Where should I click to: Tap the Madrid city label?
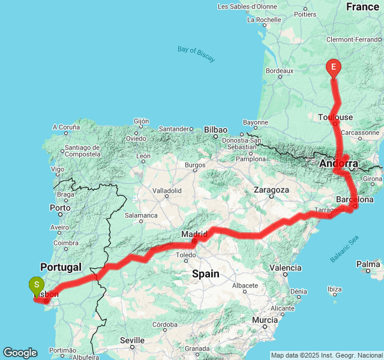tap(194, 233)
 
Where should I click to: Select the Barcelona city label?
tap(355, 199)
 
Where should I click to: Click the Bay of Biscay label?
tap(196, 53)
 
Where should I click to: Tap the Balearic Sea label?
tap(344, 249)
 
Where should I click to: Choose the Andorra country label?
tap(338, 163)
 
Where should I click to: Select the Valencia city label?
tap(286, 268)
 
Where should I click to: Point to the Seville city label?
tap(132, 340)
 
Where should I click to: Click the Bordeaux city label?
tap(280, 71)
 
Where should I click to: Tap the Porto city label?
tap(61, 208)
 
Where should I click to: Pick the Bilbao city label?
tap(215, 130)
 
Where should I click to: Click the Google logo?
tap(20, 353)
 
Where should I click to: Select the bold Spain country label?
tap(205, 274)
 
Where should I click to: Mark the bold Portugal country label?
tap(61, 267)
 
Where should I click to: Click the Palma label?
tap(368, 264)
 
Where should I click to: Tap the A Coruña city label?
tap(66, 127)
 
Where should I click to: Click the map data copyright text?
tap(326, 355)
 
